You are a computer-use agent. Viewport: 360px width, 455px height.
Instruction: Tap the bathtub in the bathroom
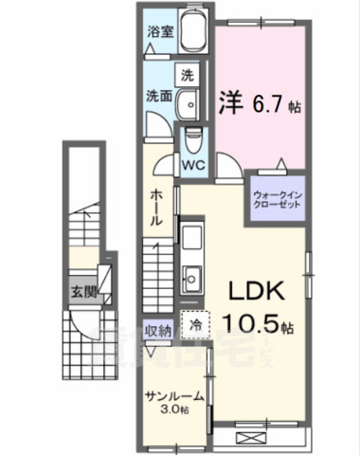point(193,36)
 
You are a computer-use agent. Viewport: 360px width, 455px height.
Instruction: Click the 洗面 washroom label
point(159,96)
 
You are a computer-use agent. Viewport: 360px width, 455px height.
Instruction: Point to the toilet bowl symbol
point(194,138)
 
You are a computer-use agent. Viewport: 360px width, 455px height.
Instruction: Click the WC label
point(194,162)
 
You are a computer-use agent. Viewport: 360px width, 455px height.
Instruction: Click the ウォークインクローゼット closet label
point(277,201)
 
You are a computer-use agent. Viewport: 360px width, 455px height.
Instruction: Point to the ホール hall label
point(157,205)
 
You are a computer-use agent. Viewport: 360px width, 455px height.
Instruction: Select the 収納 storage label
point(158,331)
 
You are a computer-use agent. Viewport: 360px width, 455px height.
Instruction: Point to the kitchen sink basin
point(190,279)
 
